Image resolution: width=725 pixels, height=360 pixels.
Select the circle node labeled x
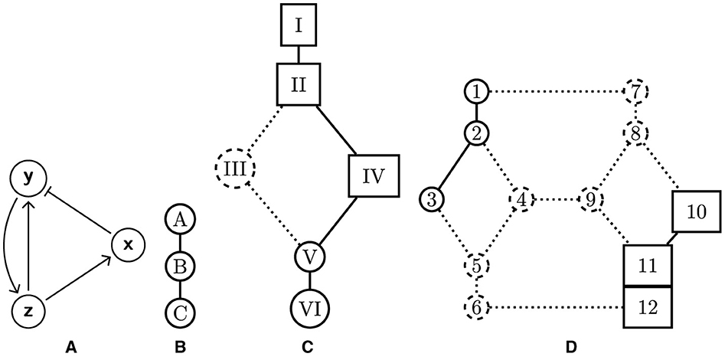pyautogui.click(x=128, y=244)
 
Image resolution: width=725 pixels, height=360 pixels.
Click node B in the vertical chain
pyautogui.click(x=179, y=267)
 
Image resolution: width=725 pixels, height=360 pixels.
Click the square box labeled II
pyautogui.click(x=299, y=85)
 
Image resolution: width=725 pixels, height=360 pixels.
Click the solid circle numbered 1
pyautogui.click(x=476, y=92)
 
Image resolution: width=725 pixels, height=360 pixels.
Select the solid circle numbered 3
pyautogui.click(x=433, y=201)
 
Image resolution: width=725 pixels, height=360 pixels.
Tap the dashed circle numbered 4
pyautogui.click(x=522, y=201)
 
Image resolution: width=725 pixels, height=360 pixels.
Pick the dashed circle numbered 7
pyautogui.click(x=636, y=92)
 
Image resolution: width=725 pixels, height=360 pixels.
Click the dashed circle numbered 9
pyautogui.click(x=590, y=201)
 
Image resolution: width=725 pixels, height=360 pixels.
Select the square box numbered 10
pyautogui.click(x=694, y=211)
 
